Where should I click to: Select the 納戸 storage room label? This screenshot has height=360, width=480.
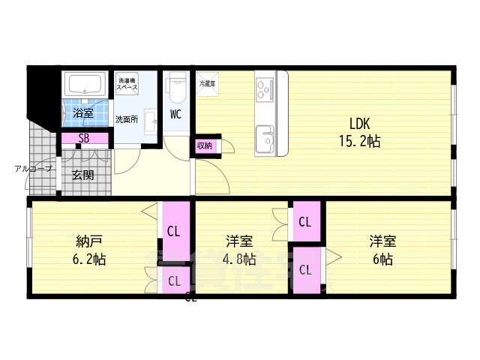(89, 241)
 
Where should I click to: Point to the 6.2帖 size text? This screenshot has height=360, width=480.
(89, 259)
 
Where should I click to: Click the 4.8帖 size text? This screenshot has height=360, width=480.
(239, 259)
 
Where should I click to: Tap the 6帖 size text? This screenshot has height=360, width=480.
(382, 259)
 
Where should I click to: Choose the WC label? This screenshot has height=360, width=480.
(176, 115)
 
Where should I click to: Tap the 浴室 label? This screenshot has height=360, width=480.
(83, 114)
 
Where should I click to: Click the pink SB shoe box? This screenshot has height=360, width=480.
(84, 139)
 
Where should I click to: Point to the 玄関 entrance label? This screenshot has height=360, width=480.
(83, 175)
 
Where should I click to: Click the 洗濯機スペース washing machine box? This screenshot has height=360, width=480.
(127, 84)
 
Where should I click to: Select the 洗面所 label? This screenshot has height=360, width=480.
(126, 119)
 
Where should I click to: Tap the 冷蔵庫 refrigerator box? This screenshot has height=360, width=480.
(208, 84)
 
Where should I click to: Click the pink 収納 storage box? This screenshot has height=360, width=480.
(205, 145)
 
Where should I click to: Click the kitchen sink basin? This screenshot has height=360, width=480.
(265, 139)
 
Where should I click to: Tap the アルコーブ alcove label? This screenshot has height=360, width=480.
(34, 169)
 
